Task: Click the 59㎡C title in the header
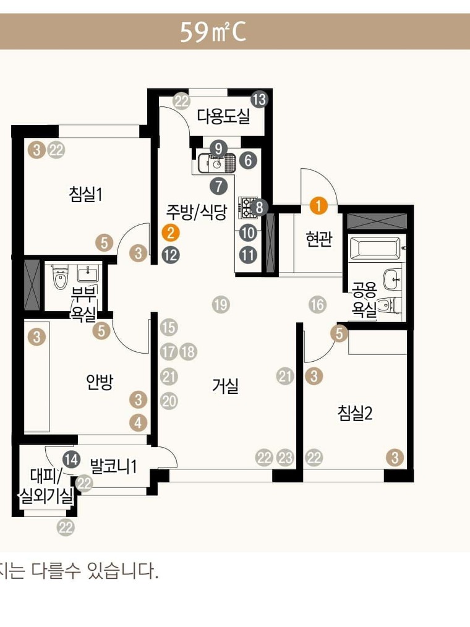click(212, 32)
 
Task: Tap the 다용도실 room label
click(223, 116)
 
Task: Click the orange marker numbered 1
click(318, 206)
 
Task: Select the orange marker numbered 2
click(171, 232)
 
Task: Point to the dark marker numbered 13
click(259, 99)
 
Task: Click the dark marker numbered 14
click(72, 459)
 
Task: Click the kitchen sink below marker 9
click(216, 163)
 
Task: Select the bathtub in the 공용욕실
click(375, 248)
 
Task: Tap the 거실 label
click(225, 386)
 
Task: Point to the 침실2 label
click(355, 413)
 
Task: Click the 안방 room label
click(100, 382)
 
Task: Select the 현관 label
click(319, 239)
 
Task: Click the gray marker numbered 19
click(221, 305)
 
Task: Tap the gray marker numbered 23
click(285, 458)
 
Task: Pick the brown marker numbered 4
click(139, 423)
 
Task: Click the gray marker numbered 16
click(318, 305)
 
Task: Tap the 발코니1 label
click(114, 466)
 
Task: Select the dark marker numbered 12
click(171, 255)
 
